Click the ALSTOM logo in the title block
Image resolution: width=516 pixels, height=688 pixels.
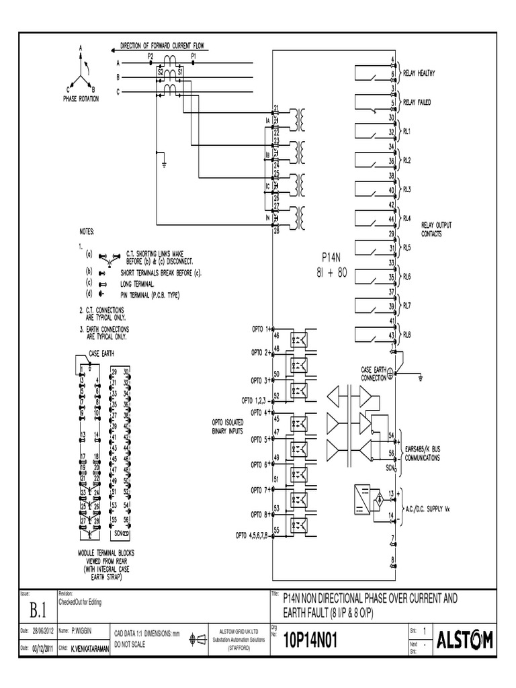click(x=465, y=640)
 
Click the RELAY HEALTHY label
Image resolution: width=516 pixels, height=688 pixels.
click(x=419, y=73)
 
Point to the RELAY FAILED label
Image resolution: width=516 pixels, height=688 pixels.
click(x=417, y=102)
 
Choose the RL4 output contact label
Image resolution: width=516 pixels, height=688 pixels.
click(x=407, y=218)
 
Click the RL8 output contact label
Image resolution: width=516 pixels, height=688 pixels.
click(x=407, y=335)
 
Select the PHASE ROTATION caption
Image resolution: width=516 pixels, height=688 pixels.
click(x=81, y=98)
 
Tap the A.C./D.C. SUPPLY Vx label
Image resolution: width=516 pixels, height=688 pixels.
click(x=426, y=507)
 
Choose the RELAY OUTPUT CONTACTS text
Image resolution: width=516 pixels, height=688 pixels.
click(x=436, y=229)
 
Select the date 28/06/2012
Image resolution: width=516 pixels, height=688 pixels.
click(x=44, y=632)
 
